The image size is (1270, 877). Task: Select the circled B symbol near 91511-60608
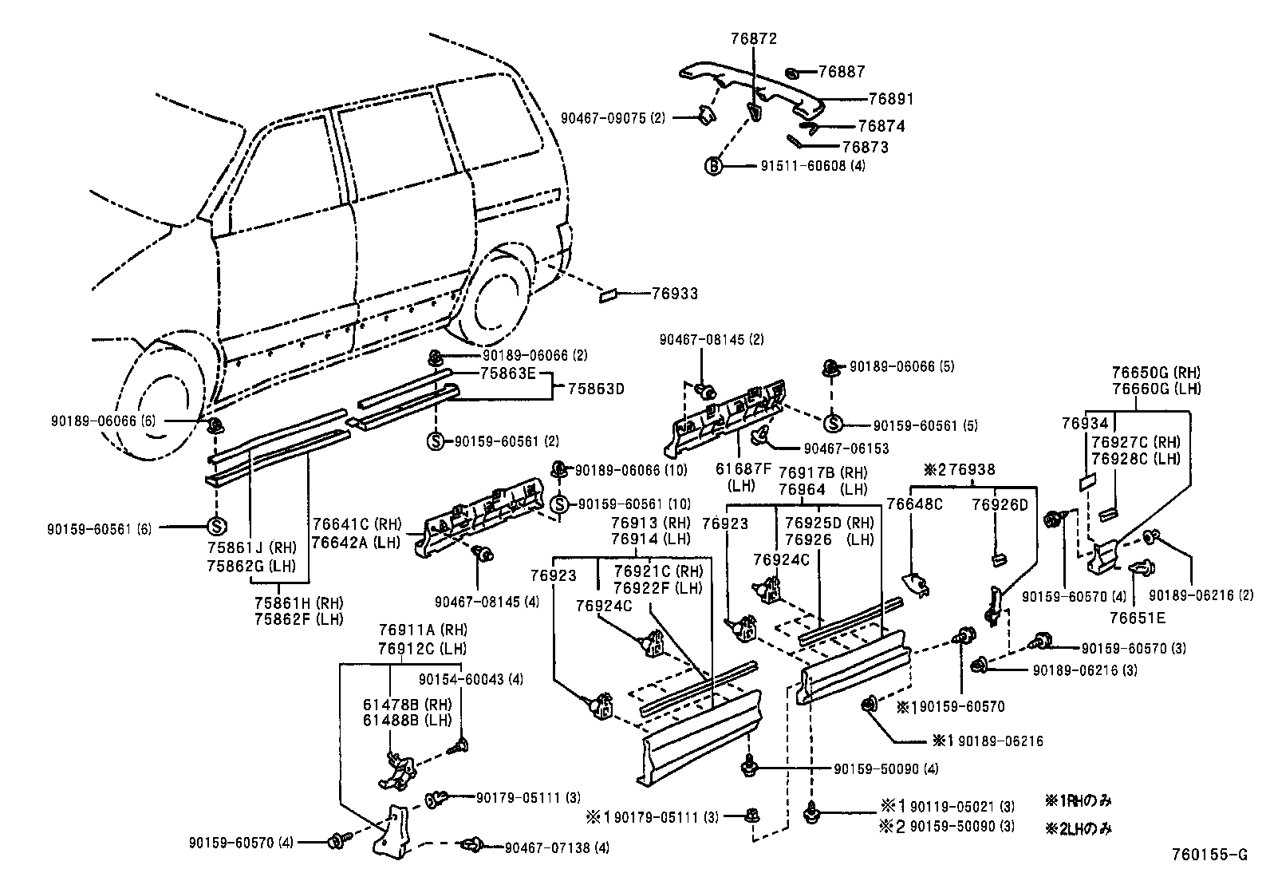712,167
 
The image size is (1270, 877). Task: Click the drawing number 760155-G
1209,855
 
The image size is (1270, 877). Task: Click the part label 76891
891,100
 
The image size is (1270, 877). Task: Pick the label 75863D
596,389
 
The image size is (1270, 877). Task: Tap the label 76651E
1137,617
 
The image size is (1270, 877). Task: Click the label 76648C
914,504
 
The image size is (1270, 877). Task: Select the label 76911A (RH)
422,630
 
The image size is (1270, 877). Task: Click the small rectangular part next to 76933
609,296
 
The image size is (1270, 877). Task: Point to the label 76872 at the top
753,38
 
